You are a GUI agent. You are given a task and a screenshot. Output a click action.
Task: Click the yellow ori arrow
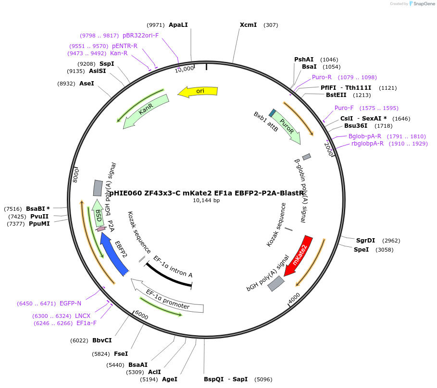(x=198, y=91)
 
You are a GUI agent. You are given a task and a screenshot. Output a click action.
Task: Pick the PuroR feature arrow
(x=287, y=127)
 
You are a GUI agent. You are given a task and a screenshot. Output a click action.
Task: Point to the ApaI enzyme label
(x=178, y=25)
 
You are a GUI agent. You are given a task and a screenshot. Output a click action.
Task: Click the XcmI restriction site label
(x=248, y=25)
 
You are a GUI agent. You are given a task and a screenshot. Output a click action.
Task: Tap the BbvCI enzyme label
(x=102, y=340)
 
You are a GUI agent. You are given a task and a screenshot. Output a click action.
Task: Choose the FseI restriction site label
(x=121, y=354)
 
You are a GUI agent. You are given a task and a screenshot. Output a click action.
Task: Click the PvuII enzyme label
(x=39, y=217)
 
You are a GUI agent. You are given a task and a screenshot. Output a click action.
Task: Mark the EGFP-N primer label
(x=70, y=303)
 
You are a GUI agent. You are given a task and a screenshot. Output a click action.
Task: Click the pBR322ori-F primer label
(x=140, y=36)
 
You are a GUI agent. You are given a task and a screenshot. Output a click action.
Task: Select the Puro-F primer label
(x=344, y=108)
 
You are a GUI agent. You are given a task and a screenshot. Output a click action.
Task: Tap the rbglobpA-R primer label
(x=367, y=144)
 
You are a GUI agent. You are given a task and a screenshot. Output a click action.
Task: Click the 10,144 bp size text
(x=206, y=200)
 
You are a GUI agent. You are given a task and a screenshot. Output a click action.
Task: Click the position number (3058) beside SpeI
(x=384, y=250)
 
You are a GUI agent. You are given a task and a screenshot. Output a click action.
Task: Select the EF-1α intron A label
(x=173, y=267)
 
